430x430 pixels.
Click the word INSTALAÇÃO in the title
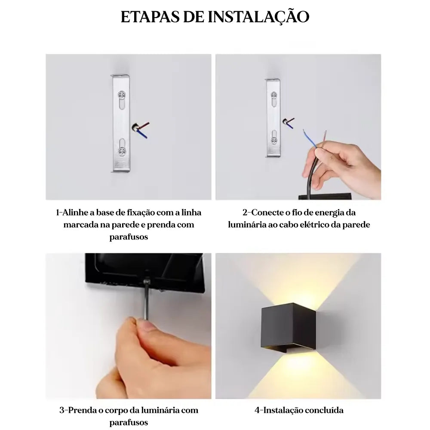pyautogui.click(x=258, y=17)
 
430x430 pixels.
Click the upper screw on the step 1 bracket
pyautogui.click(x=122, y=95)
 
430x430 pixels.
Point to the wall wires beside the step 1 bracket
pyautogui.click(x=141, y=130)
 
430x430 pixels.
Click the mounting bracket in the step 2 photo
pyautogui.click(x=273, y=118)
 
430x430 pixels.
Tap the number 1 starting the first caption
pyautogui.click(x=58, y=212)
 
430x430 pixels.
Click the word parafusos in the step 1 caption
pyautogui.click(x=129, y=236)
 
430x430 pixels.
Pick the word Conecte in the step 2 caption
pyautogui.click(x=267, y=212)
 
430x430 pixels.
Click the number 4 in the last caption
pyautogui.click(x=257, y=410)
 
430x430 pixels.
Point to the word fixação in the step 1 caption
pyautogui.click(x=141, y=213)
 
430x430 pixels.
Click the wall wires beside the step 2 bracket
pyautogui.click(x=289, y=123)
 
